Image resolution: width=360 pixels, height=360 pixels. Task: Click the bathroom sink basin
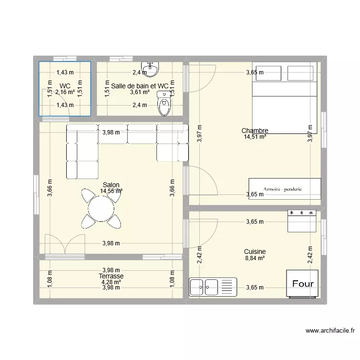pos(150,69)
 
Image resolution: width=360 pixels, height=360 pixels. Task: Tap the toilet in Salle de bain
pos(164,103)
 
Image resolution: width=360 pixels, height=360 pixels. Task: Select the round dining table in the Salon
pos(101,209)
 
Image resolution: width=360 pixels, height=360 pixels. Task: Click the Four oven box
pos(302,284)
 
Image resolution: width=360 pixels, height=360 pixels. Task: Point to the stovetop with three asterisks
pos(302,221)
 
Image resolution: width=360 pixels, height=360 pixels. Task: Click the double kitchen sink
pos(213,287)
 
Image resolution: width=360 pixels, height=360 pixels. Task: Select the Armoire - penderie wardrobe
pos(285,189)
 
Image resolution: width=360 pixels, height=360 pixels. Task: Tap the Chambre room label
pos(255,131)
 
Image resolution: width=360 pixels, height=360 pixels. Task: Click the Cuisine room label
pos(255,252)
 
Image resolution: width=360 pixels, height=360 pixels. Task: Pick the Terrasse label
pos(111,276)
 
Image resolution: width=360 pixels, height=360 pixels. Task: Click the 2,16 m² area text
pos(65,92)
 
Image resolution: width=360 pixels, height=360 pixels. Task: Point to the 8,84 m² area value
pos(255,258)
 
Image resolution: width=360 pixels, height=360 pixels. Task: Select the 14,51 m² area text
pos(255,137)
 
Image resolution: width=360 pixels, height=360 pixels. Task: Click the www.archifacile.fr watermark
pos(330,330)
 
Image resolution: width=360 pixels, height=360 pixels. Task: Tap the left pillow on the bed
pos(268,73)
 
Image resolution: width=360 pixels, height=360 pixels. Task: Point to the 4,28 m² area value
pos(111,282)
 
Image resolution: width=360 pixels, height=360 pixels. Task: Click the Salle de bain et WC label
pos(140,86)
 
